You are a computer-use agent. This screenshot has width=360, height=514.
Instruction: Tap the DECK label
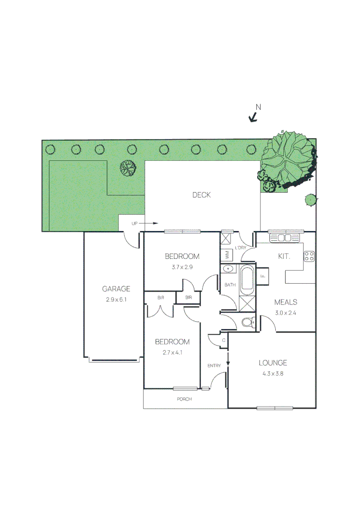coord(201,195)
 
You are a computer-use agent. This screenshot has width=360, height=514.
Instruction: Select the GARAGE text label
coord(116,289)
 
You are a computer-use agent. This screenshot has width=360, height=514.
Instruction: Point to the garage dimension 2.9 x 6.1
coord(116,300)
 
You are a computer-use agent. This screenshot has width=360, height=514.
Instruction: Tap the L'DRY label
coord(240,248)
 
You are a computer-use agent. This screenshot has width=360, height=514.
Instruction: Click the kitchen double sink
coord(284,237)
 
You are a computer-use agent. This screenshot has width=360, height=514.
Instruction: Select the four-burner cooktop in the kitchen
coord(309,256)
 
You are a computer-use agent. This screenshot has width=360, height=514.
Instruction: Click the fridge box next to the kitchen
coord(262,275)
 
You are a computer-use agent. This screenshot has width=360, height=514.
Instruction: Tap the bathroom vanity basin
coord(230,269)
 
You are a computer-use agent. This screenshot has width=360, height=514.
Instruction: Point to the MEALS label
coord(285,302)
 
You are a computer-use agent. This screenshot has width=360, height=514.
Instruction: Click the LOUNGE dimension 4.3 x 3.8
coord(273,374)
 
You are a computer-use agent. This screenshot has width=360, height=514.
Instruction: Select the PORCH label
coord(184,399)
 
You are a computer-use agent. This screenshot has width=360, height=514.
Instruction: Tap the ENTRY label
coord(214,366)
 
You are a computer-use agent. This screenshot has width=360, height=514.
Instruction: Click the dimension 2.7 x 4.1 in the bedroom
coord(172,353)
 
